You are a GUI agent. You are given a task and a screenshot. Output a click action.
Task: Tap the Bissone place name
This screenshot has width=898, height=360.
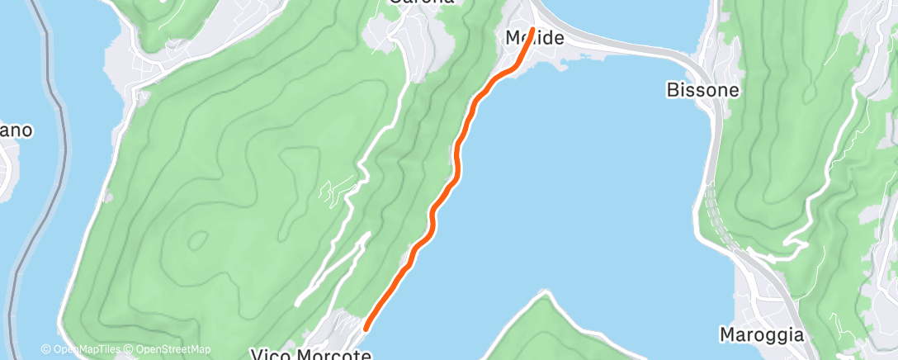702,89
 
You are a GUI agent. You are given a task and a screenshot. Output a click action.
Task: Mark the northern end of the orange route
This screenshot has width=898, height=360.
533,31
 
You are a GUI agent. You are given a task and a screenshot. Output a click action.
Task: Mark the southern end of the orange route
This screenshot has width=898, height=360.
366,328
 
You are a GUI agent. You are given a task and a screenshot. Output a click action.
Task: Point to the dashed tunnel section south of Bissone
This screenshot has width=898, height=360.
718,223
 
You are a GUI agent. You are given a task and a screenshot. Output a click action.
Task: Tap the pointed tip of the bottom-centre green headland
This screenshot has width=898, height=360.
544,292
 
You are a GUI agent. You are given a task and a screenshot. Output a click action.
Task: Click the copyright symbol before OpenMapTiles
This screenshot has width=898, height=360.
46,349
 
